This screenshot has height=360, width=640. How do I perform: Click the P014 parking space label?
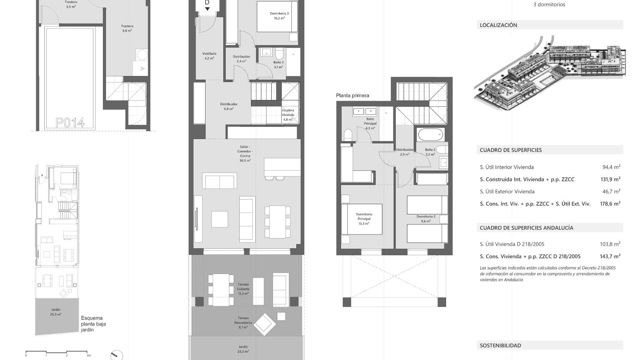click(70, 123)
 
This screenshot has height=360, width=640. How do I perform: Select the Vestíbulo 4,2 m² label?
click(209, 56)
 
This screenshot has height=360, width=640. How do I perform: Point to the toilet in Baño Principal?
click(348, 135)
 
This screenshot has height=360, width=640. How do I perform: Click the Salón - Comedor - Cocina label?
click(245, 154)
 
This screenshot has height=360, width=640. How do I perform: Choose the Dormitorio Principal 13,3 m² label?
click(364, 219)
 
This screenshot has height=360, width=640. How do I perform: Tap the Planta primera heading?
click(352, 96)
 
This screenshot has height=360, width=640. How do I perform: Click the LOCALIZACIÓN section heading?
click(498, 25)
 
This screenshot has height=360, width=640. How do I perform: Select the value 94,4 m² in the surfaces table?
click(611, 167)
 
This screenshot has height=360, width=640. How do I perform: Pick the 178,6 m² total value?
click(610, 204)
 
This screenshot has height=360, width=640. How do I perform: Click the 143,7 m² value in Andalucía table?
click(610, 256)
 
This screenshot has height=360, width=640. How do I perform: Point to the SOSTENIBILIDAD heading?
click(500, 346)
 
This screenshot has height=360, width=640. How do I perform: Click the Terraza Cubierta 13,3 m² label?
click(243, 289)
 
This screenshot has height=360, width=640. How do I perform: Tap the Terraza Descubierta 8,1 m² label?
click(243, 323)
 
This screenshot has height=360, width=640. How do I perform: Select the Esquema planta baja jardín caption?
click(93, 324)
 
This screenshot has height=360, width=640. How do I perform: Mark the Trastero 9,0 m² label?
click(127, 28)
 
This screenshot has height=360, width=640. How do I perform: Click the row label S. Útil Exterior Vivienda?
click(507, 192)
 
